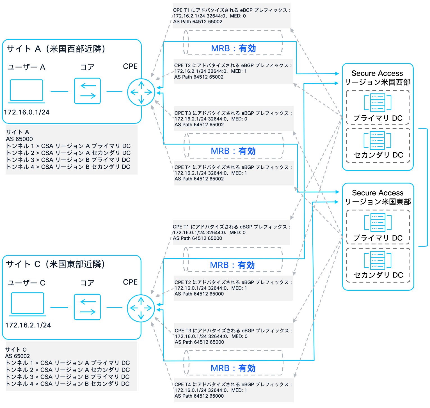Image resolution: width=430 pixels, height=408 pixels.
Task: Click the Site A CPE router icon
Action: point(141,92)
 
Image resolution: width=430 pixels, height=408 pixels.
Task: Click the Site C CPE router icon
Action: point(141,308)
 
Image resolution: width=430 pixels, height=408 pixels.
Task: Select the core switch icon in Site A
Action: point(88,91)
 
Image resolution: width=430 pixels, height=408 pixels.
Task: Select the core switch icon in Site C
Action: point(87,307)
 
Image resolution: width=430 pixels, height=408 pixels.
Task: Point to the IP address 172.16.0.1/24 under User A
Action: point(27,112)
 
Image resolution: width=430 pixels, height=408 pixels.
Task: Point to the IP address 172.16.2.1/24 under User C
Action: point(28,325)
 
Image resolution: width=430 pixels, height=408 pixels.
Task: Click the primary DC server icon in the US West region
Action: point(378,102)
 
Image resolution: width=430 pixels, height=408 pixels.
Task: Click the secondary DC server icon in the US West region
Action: point(378,140)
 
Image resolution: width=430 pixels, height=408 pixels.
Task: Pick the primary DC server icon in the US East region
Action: point(378,222)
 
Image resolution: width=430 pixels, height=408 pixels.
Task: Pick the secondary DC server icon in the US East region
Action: point(378,260)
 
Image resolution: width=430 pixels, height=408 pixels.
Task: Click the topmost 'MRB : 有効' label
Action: point(233,49)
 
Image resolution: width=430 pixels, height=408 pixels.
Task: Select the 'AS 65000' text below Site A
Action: point(19,139)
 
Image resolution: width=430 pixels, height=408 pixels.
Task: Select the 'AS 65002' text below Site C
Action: point(17,356)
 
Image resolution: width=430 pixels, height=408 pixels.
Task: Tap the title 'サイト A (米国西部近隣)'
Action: point(56,49)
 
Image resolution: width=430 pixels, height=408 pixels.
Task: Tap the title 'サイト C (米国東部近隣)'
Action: point(55,264)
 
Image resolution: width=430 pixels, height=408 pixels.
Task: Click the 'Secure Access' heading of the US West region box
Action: point(377,73)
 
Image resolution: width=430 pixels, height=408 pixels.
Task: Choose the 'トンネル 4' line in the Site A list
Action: point(68,167)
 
